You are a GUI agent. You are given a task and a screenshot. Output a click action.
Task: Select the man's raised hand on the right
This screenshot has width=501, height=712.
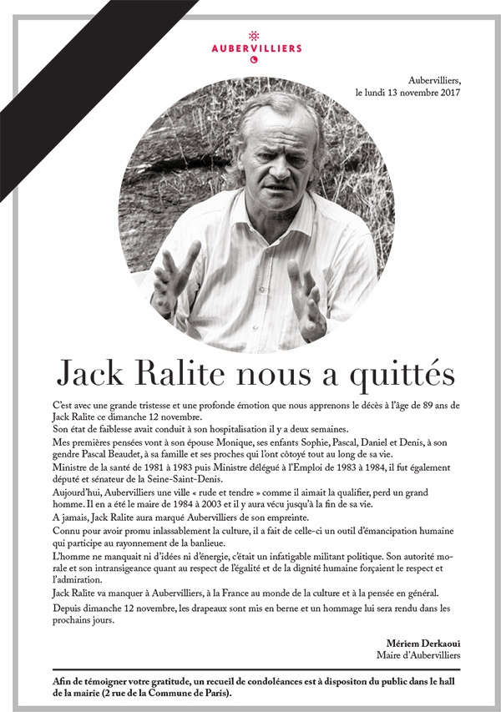point(306,296)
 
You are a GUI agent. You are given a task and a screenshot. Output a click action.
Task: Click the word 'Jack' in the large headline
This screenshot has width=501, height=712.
point(93,372)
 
